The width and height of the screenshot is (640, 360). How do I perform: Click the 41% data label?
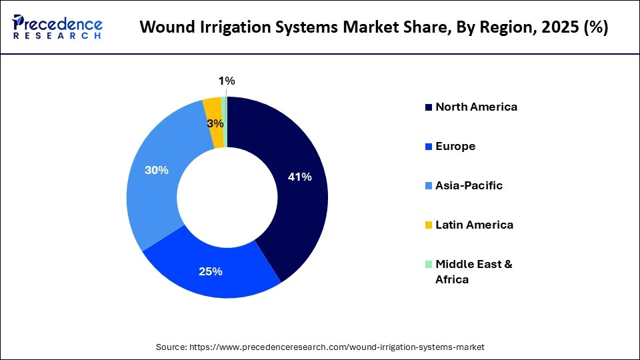299,177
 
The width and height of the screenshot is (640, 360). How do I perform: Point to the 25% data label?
210,271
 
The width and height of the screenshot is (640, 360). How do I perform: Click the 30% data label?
157,170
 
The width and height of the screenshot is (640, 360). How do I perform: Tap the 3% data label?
215,123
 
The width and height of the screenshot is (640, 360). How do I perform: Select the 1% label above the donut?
227,81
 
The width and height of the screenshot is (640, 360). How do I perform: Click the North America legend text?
476,107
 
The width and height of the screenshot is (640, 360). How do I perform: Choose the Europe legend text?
455,146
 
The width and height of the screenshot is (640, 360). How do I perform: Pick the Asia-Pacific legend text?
469,185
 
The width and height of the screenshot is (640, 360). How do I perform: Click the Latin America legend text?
474,225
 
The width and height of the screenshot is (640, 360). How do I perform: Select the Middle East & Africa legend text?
473,271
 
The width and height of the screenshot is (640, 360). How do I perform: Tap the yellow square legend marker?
429,225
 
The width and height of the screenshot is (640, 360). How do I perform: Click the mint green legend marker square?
429,264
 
